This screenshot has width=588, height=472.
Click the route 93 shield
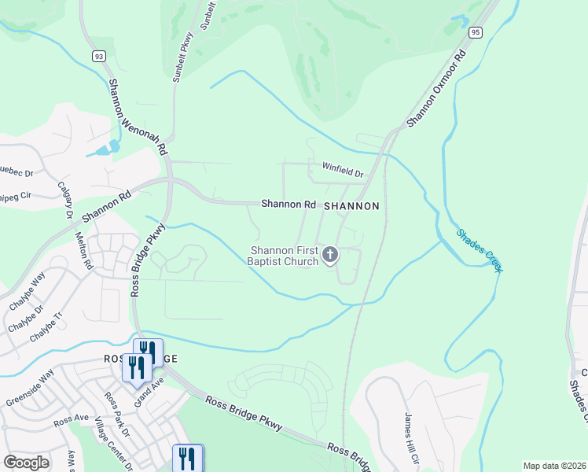pyautogui.click(x=97, y=56)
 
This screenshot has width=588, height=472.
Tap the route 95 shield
pyautogui.click(x=476, y=32)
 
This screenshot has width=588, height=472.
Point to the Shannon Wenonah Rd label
pyautogui.click(x=138, y=116)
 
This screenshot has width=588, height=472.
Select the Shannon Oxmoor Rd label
pyautogui.click(x=438, y=87)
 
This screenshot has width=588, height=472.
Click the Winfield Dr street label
pyautogui.click(x=343, y=169)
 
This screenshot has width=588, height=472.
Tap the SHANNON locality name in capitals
pyautogui.click(x=352, y=205)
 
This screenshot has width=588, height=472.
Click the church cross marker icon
pyautogui.click(x=330, y=254)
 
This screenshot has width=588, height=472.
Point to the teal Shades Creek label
pyautogui.click(x=478, y=250)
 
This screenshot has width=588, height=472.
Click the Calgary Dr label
pyautogui.click(x=65, y=199)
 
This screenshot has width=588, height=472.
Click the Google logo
pyautogui.click(x=27, y=463)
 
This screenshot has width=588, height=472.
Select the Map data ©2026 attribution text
pyautogui.click(x=554, y=466)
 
